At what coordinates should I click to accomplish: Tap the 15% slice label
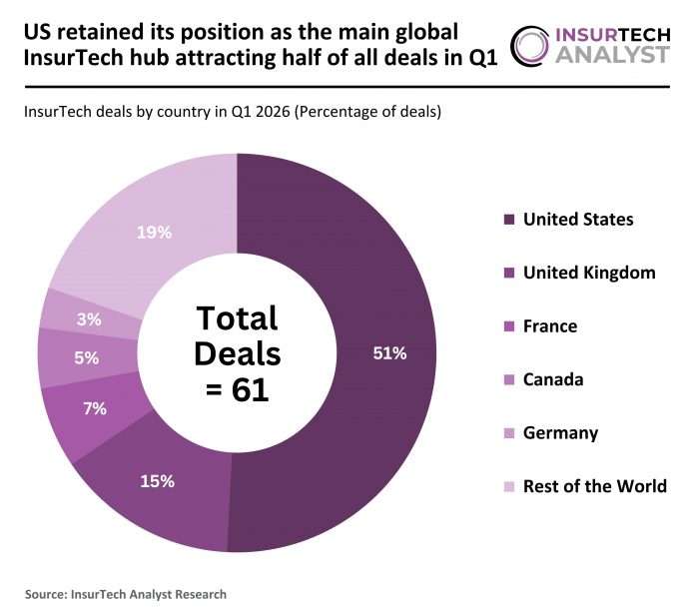click(158, 481)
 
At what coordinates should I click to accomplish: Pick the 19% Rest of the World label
click(155, 233)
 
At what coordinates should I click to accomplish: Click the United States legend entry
click(577, 219)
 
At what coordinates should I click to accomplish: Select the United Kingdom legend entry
click(588, 273)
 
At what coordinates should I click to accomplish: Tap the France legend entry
click(550, 325)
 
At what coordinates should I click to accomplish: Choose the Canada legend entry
click(553, 379)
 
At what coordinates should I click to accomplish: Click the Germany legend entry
click(559, 432)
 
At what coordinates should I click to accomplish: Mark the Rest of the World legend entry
click(594, 486)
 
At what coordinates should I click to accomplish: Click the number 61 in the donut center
click(251, 389)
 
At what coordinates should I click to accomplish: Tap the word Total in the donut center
click(237, 318)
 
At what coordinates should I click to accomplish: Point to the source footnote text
click(126, 594)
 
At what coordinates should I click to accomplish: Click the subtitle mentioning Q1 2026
click(231, 112)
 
